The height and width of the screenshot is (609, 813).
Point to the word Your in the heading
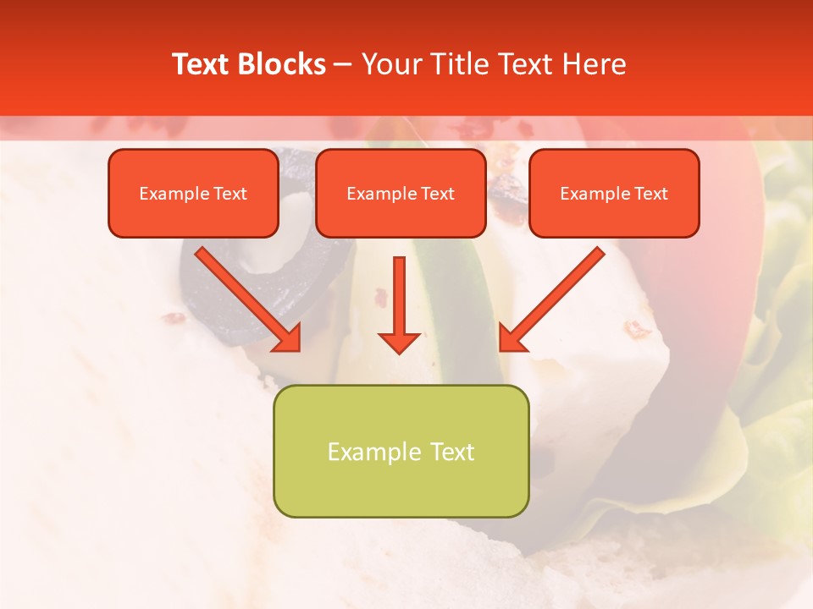(390, 64)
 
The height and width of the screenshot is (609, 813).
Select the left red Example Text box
(193, 194)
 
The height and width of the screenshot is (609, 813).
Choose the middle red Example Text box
(401, 194)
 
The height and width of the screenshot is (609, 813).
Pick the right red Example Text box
(614, 194)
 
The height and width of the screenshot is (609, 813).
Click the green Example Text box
(401, 452)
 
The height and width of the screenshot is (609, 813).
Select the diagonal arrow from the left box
(246, 296)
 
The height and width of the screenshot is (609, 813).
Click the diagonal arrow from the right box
(555, 296)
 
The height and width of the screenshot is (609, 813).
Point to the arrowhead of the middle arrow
(399, 342)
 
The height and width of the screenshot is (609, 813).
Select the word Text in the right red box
(650, 194)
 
